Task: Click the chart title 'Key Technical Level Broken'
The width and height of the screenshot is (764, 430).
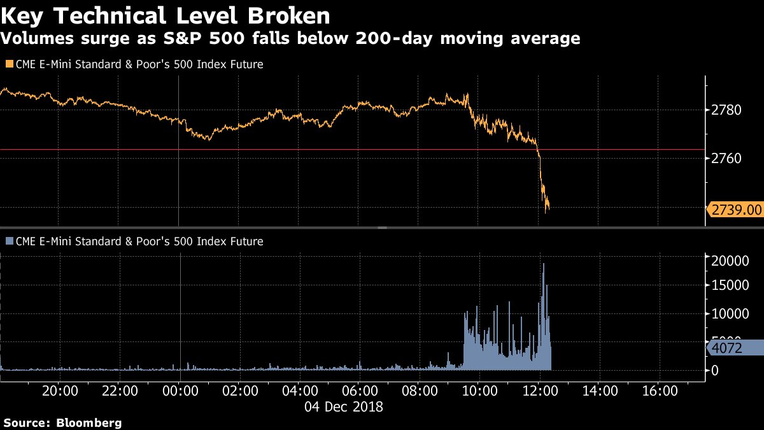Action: pyautogui.click(x=166, y=15)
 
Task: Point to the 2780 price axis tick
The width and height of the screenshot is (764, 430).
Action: pyautogui.click(x=727, y=111)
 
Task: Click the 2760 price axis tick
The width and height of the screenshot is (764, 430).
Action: pyautogui.click(x=727, y=158)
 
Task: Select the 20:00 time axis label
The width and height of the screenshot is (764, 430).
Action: pyautogui.click(x=60, y=390)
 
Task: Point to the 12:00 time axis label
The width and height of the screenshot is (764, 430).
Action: pyautogui.click(x=540, y=390)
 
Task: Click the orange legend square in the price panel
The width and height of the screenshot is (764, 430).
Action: pyautogui.click(x=8, y=64)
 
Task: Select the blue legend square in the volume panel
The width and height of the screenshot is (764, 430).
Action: pyautogui.click(x=8, y=241)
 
